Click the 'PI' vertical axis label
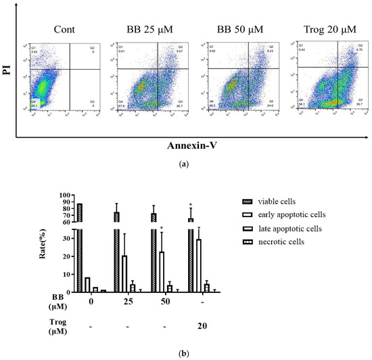[x=9, y=75]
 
